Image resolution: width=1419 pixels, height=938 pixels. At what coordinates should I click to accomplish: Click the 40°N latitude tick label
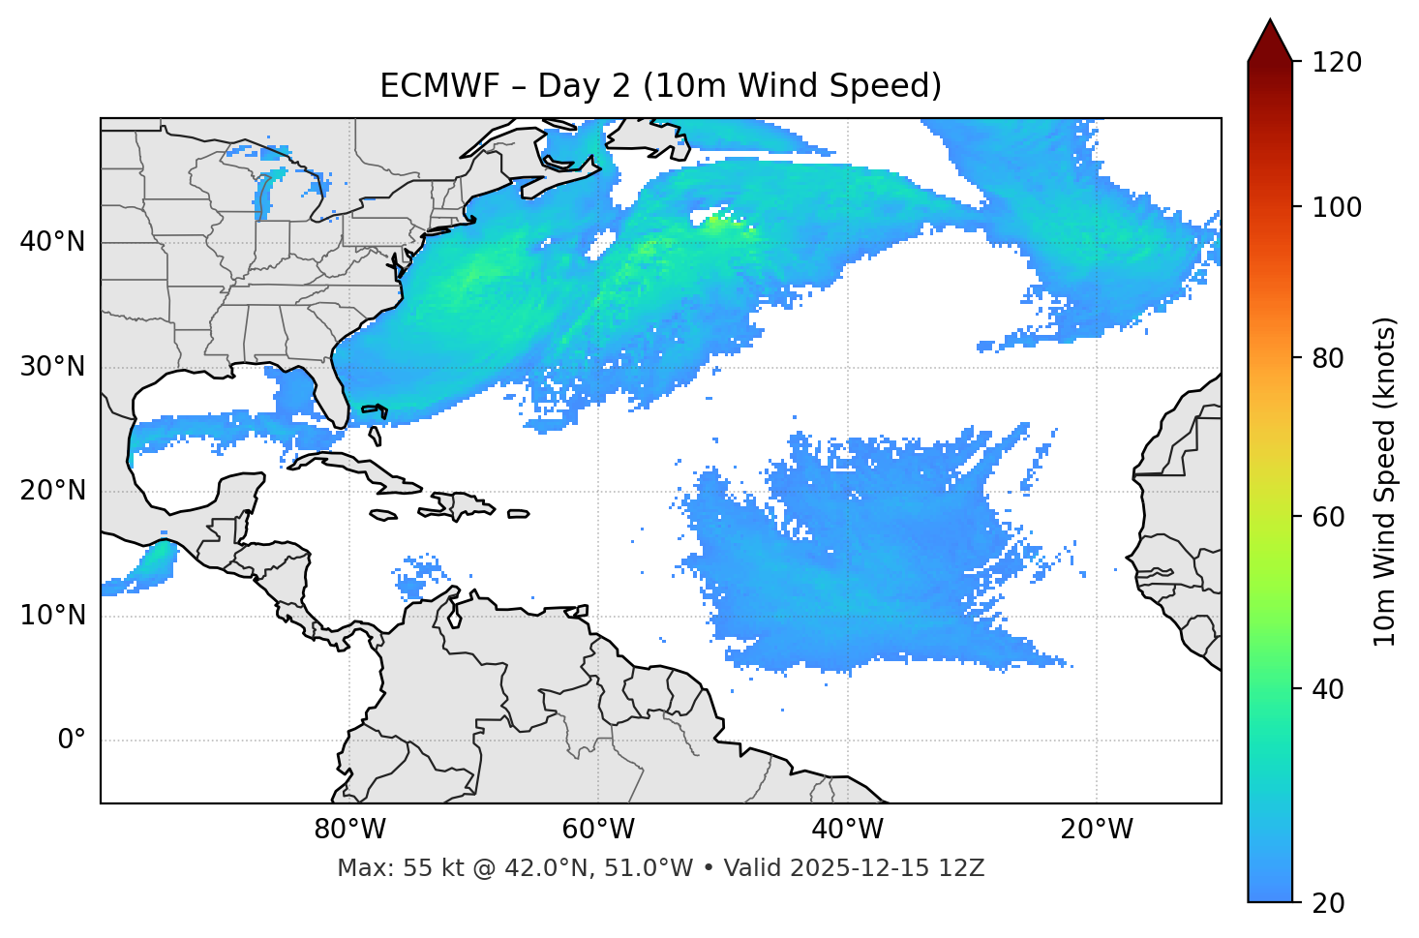[52, 242]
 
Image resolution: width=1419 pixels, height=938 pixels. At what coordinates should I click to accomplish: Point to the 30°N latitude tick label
[52, 367]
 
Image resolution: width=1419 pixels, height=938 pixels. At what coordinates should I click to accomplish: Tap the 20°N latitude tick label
[52, 491]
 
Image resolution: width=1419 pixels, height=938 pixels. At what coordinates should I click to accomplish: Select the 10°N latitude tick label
[52, 616]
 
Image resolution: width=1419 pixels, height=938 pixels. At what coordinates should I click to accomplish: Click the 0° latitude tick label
[72, 741]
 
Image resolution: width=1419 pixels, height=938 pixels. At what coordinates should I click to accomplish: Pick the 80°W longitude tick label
[349, 830]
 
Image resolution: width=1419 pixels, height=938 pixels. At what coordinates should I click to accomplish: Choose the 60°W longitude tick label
[598, 830]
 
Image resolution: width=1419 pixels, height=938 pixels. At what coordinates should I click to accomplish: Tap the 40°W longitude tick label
[848, 830]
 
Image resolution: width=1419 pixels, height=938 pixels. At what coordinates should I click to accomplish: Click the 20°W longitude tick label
[1097, 830]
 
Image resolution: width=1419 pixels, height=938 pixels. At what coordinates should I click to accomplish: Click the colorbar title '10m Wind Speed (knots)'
[1385, 482]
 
